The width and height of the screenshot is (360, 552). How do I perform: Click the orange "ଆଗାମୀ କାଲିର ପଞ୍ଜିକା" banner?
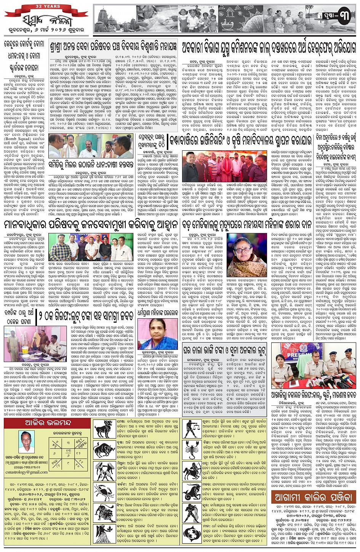point(315,497)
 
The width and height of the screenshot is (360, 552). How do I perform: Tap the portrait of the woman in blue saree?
point(157,334)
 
